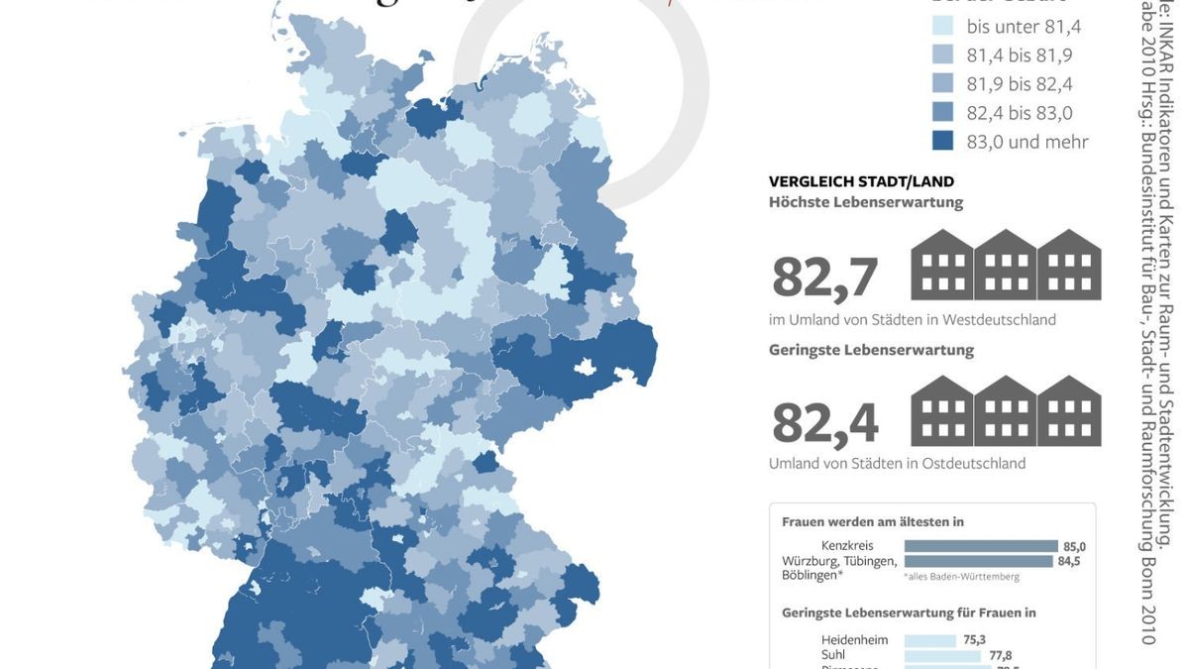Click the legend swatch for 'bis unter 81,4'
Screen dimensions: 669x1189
coord(942,26)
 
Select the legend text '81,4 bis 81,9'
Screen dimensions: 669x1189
coord(1020,56)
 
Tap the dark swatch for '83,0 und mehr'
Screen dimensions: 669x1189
coord(942,141)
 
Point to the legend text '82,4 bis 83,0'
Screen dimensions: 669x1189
coord(1020,113)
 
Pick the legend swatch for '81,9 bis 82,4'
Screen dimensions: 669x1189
coord(942,83)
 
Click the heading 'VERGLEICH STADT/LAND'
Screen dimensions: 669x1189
coord(861,181)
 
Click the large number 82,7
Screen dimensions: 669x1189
coord(824,278)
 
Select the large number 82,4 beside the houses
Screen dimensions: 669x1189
coord(824,423)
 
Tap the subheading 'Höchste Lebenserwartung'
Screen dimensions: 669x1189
coord(865,202)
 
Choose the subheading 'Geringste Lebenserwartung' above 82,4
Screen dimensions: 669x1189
coord(871,350)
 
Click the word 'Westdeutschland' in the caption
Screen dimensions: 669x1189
coord(999,320)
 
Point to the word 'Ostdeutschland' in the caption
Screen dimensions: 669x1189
coord(973,463)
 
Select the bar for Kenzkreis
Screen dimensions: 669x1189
coord(981,546)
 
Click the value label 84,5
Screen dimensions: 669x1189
coord(1069,561)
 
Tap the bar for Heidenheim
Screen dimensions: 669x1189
coord(930,640)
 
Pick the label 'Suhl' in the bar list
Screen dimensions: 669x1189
coord(833,655)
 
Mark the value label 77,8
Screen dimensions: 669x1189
coord(1000,655)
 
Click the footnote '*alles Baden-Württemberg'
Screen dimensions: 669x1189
coord(960,576)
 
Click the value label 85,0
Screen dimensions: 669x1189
coord(1074,546)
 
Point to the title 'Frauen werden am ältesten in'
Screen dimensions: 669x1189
coord(872,521)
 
